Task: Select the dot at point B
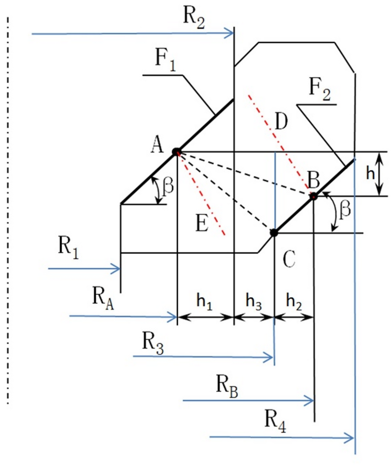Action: [x=313, y=196]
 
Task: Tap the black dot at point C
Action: [x=274, y=232]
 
